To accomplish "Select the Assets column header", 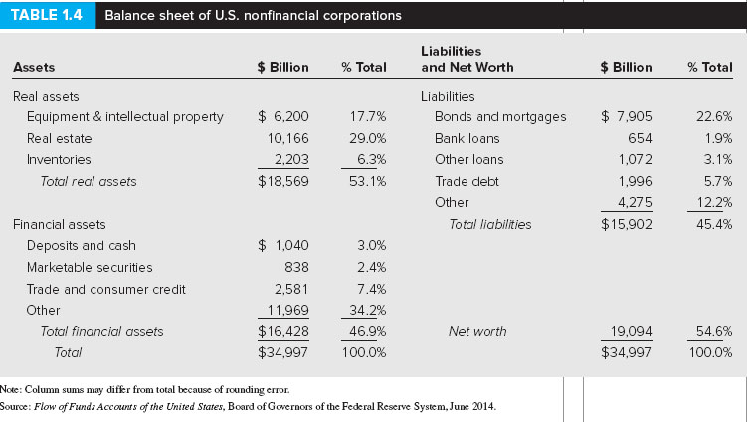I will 33,68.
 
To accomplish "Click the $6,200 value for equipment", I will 283,116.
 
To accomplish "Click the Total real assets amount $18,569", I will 283,181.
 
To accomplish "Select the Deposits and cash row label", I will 82,245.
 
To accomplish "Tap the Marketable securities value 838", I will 296,267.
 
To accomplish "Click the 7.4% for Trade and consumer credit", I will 371,289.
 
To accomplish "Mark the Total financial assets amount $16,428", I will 283,331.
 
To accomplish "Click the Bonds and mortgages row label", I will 500,116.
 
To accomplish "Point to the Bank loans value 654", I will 641,138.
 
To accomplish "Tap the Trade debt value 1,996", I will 634,181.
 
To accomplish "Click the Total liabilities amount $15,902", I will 628,224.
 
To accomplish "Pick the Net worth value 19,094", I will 631,331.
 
